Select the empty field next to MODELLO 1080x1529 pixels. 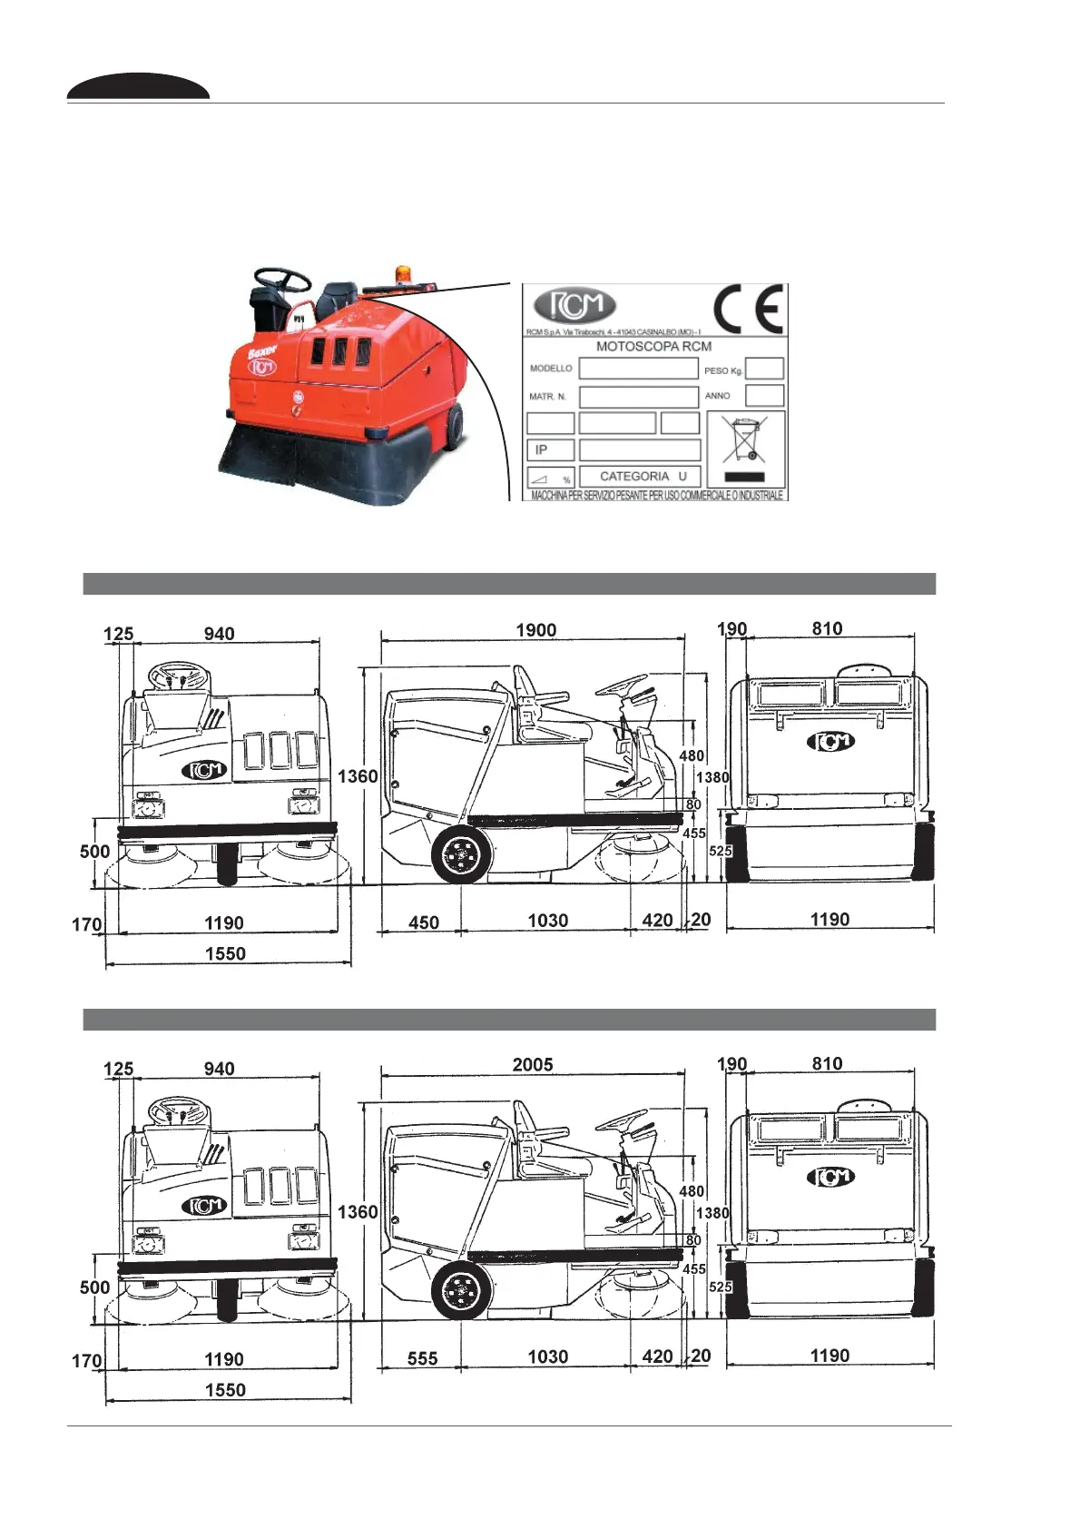pos(638,369)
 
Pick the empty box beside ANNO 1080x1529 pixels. pos(764,396)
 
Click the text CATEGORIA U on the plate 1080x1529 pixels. pos(643,476)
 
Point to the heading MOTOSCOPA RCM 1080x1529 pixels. pos(653,346)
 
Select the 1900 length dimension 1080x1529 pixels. pos(535,630)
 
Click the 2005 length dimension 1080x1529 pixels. pos(533,1065)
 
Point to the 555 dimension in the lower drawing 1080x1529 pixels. pos(423,1358)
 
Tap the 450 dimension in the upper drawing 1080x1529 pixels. pos(424,922)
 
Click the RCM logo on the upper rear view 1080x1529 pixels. pos(830,742)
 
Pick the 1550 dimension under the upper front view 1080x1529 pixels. pos(225,953)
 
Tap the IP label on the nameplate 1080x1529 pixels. pos(542,449)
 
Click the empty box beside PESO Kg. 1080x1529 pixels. pos(764,369)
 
